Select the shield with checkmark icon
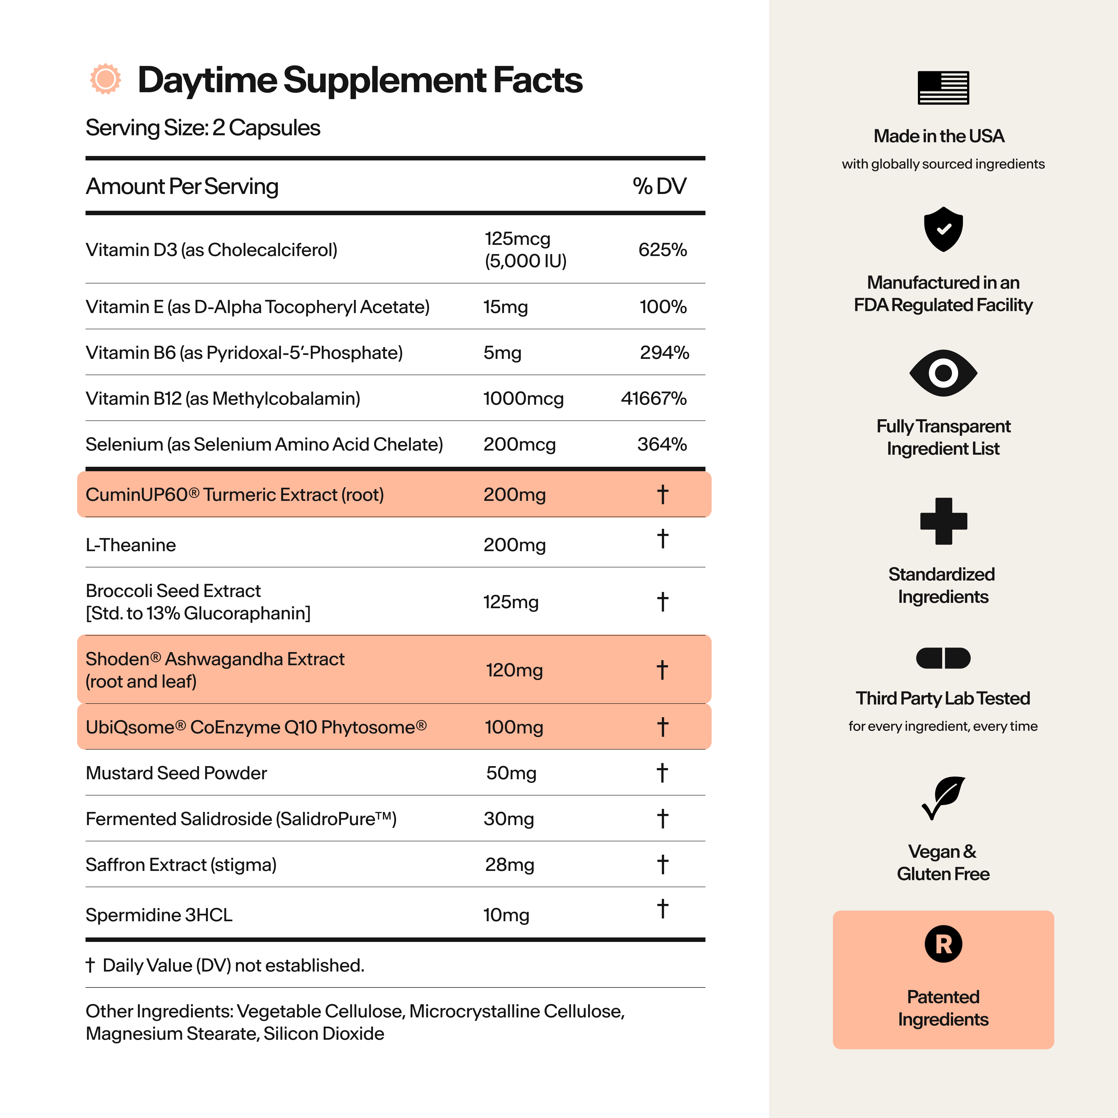coord(943,229)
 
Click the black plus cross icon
coord(943,521)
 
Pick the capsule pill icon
coord(943,658)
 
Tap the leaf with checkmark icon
coord(943,797)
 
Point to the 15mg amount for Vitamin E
coord(505,307)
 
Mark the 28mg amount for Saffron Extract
coord(509,864)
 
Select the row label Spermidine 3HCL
coord(159,915)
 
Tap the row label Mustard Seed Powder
coord(176,773)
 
